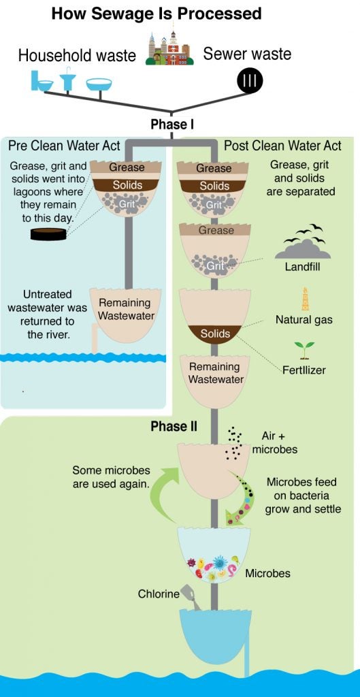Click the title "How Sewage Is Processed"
(x=157, y=14)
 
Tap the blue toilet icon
(x=42, y=80)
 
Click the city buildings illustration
(x=170, y=48)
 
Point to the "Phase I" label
(x=172, y=125)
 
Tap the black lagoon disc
(x=48, y=234)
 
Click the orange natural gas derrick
(x=306, y=299)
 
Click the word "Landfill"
(x=303, y=268)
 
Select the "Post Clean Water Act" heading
(x=282, y=146)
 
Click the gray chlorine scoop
(x=191, y=597)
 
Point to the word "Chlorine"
(x=159, y=594)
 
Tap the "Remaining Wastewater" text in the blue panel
(x=126, y=310)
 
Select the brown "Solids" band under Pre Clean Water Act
(x=127, y=185)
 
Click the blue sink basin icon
(x=99, y=84)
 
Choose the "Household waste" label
(x=77, y=56)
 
